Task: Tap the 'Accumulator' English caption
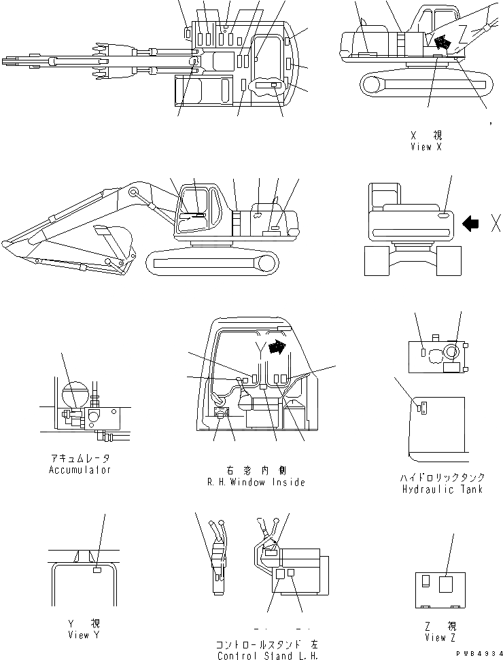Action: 80,470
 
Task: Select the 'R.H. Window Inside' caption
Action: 256,482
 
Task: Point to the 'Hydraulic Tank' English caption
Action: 442,489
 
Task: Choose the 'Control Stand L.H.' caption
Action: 267,656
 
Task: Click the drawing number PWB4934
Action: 478,653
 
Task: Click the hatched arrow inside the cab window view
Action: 277,347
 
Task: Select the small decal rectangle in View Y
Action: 97,570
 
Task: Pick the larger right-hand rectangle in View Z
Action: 446,585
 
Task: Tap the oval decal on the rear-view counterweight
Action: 443,215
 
